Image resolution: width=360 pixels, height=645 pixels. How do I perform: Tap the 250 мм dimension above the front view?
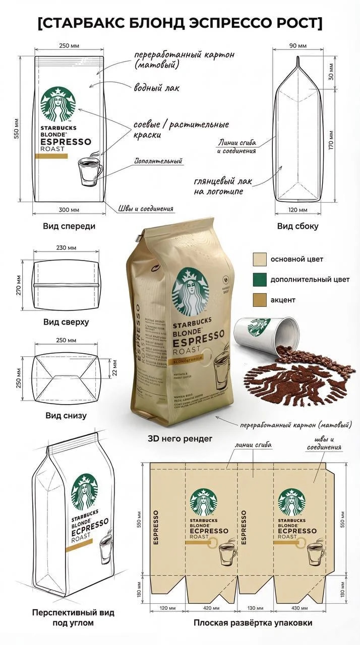pos(70,46)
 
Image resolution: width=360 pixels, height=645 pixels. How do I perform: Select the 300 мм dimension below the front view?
pos(70,210)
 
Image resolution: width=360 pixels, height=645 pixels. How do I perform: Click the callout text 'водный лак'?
pos(156,88)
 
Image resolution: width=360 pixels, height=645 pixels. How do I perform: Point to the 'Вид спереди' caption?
pos(70,226)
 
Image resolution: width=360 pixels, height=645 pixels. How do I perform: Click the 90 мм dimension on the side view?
pos(298,46)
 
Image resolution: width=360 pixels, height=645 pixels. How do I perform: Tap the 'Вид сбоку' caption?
pos(297,226)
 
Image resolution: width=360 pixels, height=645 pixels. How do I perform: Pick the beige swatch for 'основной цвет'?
pos(260,260)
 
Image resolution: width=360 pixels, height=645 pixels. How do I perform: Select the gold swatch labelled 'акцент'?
pos(260,300)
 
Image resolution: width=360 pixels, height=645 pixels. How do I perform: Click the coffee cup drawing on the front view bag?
pos(91,172)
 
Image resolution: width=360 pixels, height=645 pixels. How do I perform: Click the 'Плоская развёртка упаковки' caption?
pos(253,623)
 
